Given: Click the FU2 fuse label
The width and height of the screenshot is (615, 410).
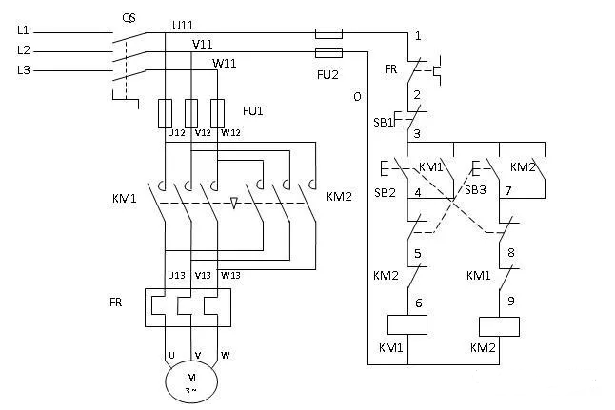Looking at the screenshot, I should point(328,72).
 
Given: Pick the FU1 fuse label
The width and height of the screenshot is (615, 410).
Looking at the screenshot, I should point(252,111).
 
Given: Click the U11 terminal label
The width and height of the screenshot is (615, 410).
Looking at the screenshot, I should point(184,22).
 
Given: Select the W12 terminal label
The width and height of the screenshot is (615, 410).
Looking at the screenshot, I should point(230,132).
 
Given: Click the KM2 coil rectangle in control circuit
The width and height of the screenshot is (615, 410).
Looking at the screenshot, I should point(500,324).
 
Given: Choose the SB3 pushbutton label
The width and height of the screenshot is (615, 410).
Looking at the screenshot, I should point(475,190).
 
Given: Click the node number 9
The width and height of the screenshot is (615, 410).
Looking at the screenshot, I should point(511,300).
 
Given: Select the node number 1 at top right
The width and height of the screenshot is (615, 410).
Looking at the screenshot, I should point(416,37).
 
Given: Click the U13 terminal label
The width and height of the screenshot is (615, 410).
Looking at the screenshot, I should point(176,275).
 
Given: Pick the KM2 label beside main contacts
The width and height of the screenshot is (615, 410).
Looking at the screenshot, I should point(340,197).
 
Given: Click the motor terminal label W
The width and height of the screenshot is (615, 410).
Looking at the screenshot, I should point(226,357).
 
